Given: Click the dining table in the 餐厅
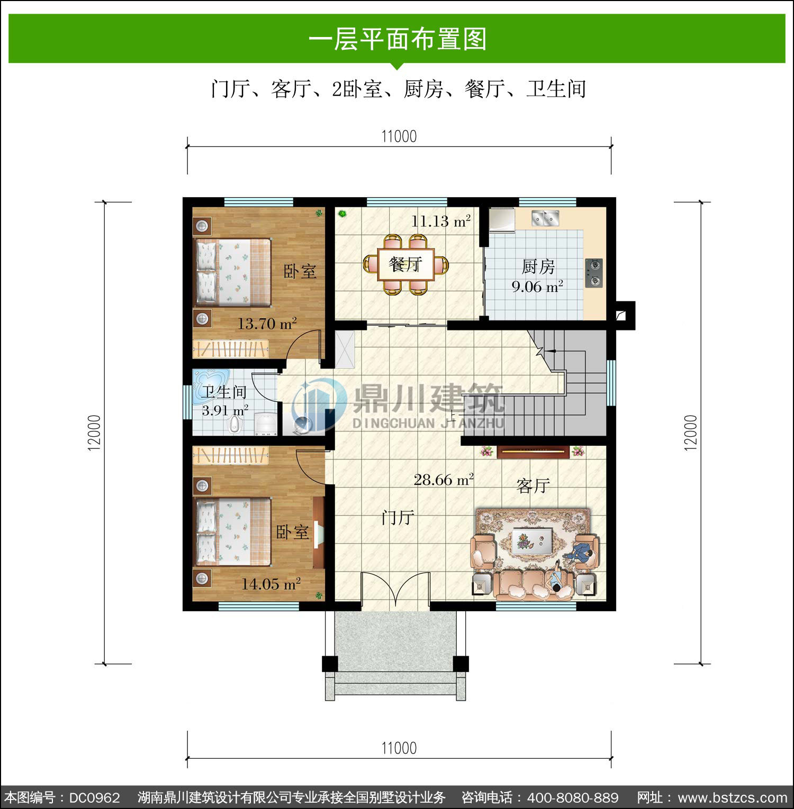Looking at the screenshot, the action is pyautogui.click(x=405, y=264).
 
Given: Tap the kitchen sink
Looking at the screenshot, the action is pyautogui.click(x=545, y=217).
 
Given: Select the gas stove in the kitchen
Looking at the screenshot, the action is pyautogui.click(x=593, y=273).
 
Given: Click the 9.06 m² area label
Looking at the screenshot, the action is pyautogui.click(x=537, y=287).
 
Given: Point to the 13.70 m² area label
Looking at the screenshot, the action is pyautogui.click(x=267, y=323).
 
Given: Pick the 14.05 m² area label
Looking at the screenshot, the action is pyautogui.click(x=271, y=584).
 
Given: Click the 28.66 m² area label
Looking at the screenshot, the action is pyautogui.click(x=444, y=480).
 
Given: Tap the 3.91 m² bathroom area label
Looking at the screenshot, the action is pyautogui.click(x=225, y=410).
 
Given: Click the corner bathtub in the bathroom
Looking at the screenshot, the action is pyautogui.click(x=211, y=381).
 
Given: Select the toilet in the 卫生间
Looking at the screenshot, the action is pyautogui.click(x=233, y=425).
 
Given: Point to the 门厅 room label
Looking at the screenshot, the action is pyautogui.click(x=398, y=517).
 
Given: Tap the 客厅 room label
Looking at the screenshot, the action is pyautogui.click(x=533, y=485).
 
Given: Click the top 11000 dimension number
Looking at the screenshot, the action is pyautogui.click(x=399, y=136).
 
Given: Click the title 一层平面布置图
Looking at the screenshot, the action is pyautogui.click(x=398, y=39).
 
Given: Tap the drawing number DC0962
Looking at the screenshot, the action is pyautogui.click(x=95, y=797).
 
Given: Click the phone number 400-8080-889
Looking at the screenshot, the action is pyautogui.click(x=573, y=797).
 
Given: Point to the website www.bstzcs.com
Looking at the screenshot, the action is pyautogui.click(x=733, y=797).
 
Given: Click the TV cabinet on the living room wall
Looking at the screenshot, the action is pyautogui.click(x=533, y=451).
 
